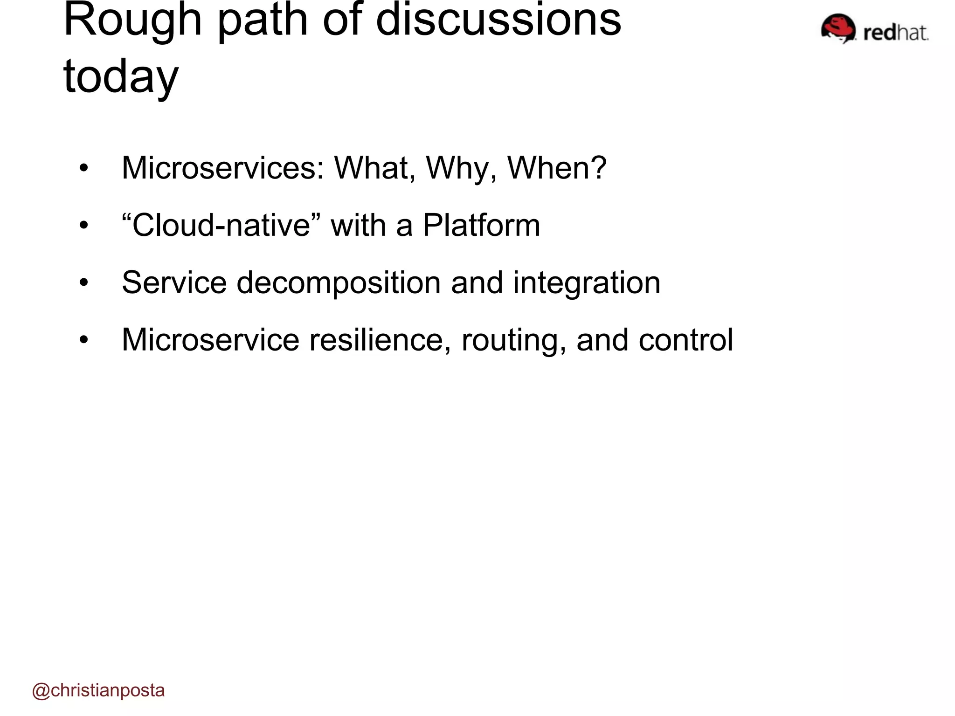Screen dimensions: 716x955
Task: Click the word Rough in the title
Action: [132, 21]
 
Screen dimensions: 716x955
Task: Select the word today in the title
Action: [121, 77]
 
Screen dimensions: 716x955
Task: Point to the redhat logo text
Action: [895, 33]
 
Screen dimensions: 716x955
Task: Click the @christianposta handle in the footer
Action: [98, 690]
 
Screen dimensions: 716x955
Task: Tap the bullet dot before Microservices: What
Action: [83, 169]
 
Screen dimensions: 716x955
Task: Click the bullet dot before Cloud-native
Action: [83, 226]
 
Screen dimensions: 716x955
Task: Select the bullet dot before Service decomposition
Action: [83, 283]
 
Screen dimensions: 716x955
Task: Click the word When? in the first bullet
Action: [557, 168]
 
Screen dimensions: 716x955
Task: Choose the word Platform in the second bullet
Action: [481, 225]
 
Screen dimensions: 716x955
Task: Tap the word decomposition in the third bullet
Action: [339, 283]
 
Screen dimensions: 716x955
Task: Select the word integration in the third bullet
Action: [587, 283]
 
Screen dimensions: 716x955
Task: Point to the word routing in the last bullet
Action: [513, 340]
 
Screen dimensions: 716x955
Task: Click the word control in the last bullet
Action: [685, 340]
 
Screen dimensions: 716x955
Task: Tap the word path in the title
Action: [263, 21]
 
